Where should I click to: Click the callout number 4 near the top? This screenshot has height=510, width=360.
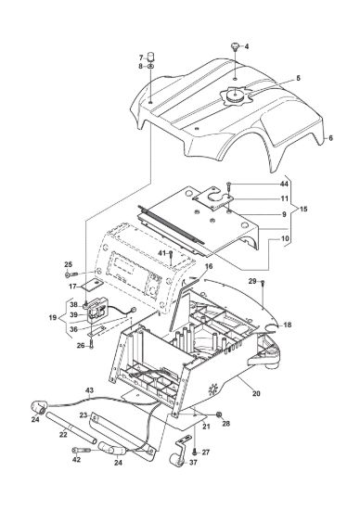click(x=247, y=46)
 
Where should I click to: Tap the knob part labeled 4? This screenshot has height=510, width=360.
click(x=235, y=46)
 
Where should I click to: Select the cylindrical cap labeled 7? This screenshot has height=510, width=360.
click(x=151, y=57)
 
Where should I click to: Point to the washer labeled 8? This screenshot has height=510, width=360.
click(x=151, y=66)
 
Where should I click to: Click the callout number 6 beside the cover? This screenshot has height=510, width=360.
click(x=330, y=138)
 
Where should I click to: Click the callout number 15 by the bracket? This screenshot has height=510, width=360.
click(x=303, y=209)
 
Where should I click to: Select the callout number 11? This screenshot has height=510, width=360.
click(x=285, y=198)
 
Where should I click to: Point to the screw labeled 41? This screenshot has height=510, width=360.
click(x=171, y=257)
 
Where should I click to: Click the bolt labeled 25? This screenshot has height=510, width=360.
click(x=71, y=274)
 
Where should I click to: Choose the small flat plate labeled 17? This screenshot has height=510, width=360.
click(x=91, y=286)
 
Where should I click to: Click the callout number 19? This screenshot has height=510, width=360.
click(x=53, y=317)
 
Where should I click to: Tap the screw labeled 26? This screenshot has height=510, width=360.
click(x=92, y=344)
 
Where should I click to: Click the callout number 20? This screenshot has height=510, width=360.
click(x=256, y=393)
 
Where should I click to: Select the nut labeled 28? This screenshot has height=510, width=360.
click(x=219, y=414)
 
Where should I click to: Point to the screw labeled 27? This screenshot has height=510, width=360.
click(x=195, y=452)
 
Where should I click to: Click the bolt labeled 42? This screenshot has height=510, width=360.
click(x=80, y=451)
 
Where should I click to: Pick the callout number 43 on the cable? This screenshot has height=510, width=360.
click(x=89, y=389)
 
